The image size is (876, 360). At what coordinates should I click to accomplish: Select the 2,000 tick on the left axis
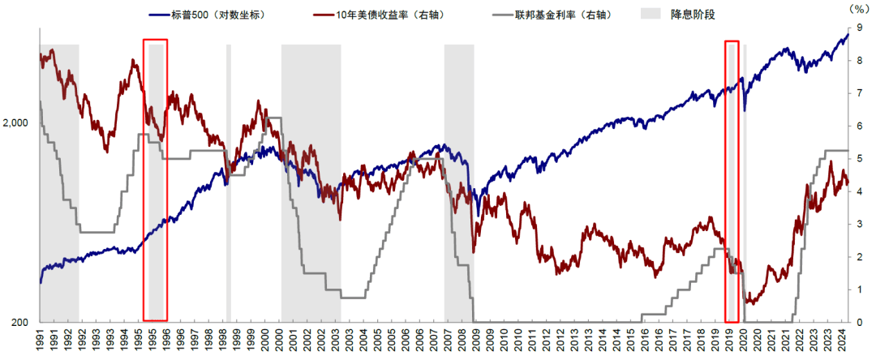pos(16,123)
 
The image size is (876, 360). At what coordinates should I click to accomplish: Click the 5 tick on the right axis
pos(858,159)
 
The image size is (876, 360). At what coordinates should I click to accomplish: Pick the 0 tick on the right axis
pos(858,323)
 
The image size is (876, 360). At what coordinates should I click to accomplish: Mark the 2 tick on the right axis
pos(858,257)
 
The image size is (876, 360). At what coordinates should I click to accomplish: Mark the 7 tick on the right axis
pos(858,94)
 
